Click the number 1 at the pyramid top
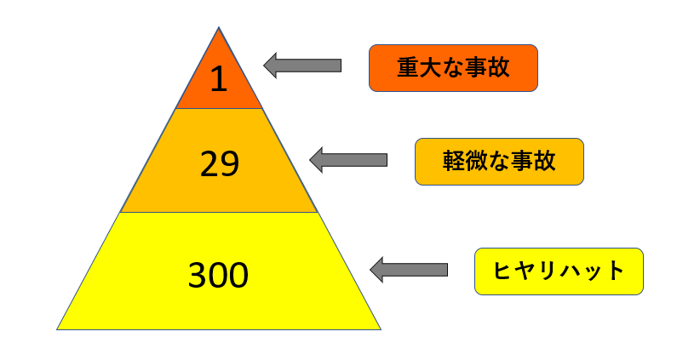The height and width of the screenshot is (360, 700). click(219, 79)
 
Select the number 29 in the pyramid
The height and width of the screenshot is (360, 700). click(219, 163)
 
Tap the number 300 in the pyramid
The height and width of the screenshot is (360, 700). click(218, 275)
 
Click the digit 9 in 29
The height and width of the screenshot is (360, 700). click(229, 163)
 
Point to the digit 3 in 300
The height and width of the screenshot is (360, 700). click(198, 275)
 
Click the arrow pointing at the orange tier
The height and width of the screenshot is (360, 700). click(302, 66)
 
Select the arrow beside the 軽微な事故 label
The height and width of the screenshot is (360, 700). click(348, 160)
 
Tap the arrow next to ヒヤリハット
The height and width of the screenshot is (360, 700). click(409, 270)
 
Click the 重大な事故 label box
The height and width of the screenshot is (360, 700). click(453, 68)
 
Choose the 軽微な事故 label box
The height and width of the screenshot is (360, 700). click(499, 162)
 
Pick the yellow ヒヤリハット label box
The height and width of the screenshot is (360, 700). click(559, 271)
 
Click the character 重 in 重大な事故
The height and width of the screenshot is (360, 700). click(408, 68)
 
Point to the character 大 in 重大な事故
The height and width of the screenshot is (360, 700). click(430, 68)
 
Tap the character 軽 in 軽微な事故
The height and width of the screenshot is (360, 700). click(454, 162)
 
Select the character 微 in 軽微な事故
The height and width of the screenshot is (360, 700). click(476, 162)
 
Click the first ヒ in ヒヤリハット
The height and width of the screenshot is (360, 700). click(503, 271)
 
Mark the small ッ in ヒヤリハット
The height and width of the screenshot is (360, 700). click(592, 273)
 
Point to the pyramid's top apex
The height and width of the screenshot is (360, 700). click(219, 27)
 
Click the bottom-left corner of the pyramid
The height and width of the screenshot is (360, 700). click(57, 329)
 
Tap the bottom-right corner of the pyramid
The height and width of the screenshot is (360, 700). click(381, 329)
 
